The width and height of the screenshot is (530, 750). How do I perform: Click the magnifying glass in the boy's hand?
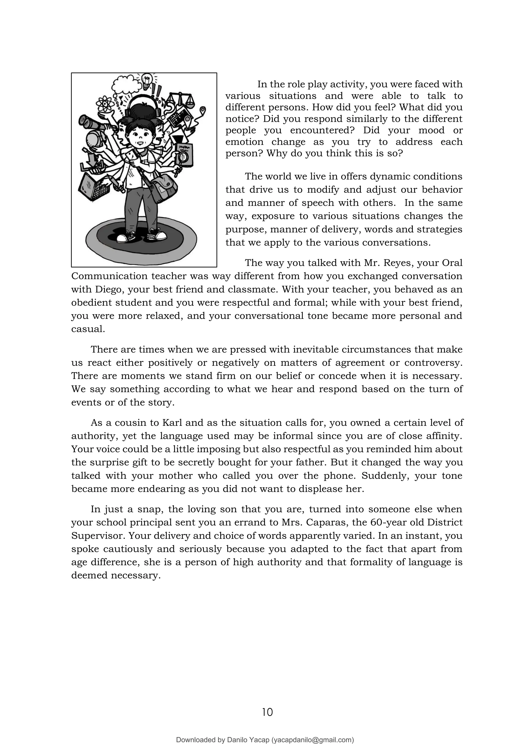pyautogui.click(x=183, y=159)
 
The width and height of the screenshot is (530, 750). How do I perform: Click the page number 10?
pyautogui.click(x=267, y=712)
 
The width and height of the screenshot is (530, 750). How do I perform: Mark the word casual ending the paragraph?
pyautogui.click(x=87, y=329)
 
